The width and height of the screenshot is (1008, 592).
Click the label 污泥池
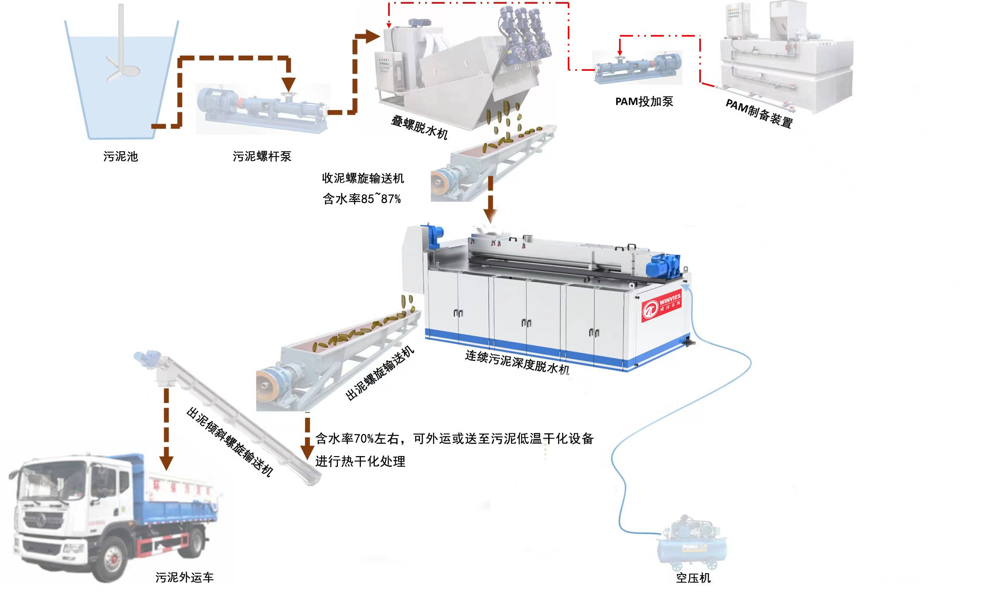click(x=121, y=157)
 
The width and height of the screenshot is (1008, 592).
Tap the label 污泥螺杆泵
click(x=262, y=157)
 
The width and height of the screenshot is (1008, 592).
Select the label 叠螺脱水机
click(x=419, y=127)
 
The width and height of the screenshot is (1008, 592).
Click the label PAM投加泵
click(x=644, y=102)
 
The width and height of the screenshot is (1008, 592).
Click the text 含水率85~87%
click(x=362, y=199)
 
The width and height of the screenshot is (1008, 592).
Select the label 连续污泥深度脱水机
click(x=517, y=362)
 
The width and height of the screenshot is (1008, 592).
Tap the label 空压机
click(x=693, y=578)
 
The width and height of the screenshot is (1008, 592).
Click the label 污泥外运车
click(x=184, y=577)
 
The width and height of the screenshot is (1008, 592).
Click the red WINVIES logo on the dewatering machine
click(x=661, y=307)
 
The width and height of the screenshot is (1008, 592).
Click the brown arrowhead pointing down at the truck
click(x=166, y=463)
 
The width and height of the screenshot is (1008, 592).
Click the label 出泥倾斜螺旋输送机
click(x=230, y=441)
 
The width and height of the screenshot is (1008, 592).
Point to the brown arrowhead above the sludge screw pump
click(x=289, y=84)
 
